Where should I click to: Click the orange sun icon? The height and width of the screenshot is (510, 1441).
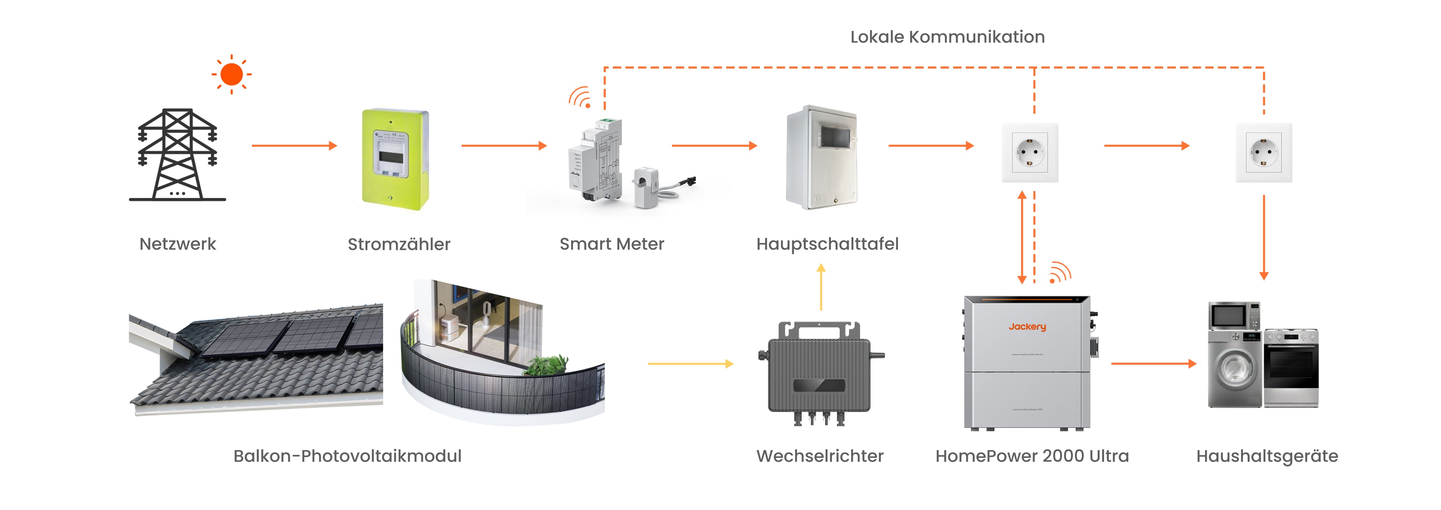232,74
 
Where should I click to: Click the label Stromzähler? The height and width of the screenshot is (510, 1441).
399,244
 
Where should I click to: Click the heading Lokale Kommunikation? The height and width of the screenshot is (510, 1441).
947,37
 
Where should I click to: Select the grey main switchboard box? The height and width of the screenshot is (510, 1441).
821,158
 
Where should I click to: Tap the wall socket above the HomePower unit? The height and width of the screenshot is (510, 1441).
1029,153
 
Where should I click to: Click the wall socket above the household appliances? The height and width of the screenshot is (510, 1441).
1264,153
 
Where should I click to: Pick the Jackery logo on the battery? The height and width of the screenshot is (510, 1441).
1027,327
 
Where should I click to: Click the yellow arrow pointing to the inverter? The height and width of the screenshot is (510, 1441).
690,364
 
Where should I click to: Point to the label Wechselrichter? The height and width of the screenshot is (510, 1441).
820,456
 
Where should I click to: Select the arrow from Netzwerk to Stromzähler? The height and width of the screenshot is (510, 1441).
294,146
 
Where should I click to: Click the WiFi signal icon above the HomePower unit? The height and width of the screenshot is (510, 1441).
1059,273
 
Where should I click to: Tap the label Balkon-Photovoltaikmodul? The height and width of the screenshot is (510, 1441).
347,456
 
